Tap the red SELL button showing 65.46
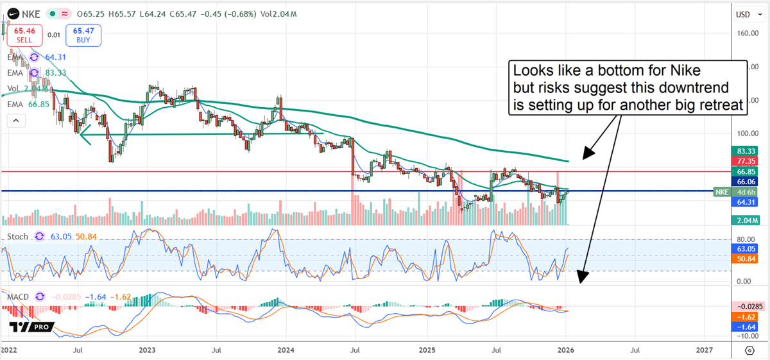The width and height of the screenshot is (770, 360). coord(24,35)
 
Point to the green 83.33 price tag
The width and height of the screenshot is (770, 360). coord(744,150)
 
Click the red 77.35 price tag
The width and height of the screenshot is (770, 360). coord(744,161)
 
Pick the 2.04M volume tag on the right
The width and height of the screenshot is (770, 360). coord(744,220)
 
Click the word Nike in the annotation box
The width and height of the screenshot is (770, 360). coord(681,69)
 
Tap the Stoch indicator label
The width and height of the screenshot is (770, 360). coord(18,237)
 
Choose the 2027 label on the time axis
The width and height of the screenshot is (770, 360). coord(704,350)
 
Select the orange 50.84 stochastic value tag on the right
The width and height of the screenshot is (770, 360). coord(744,259)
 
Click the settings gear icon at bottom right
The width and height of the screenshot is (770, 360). coord(749,350)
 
